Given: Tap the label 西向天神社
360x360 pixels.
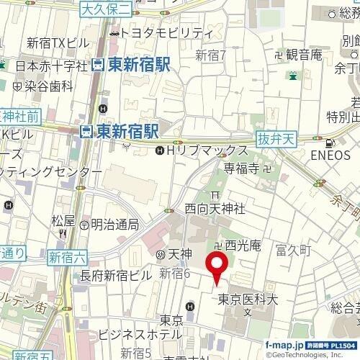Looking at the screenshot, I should (x=215, y=208).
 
